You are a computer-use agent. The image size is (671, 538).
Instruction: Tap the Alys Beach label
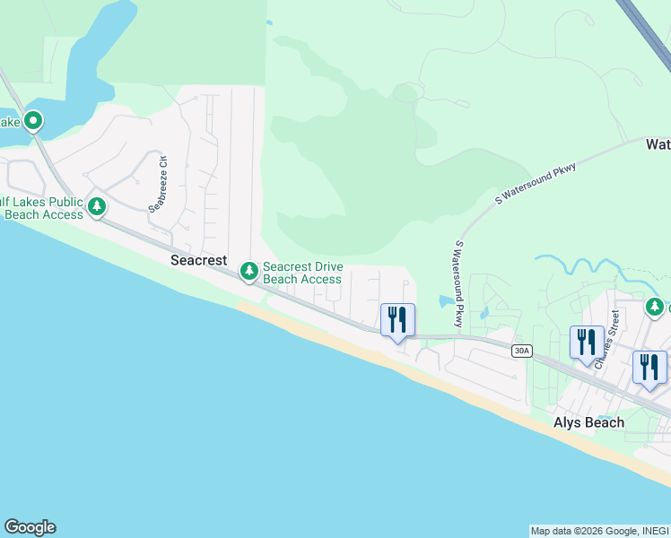coord(588,422)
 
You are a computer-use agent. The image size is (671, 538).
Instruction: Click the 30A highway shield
coord(522,351)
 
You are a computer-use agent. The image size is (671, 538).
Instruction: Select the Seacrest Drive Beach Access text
coord(302,273)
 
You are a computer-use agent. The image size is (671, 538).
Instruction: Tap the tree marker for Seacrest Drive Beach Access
coord(249,271)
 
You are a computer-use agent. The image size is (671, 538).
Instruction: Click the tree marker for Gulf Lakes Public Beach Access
coord(97,208)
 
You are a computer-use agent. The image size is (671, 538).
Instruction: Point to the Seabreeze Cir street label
coord(159,185)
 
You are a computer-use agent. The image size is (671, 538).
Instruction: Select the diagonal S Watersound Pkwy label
coord(536,187)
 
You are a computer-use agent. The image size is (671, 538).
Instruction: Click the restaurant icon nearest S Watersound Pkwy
coord(396,320)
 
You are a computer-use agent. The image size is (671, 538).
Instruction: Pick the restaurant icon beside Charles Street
coord(587,342)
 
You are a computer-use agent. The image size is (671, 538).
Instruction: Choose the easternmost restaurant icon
coord(649,367)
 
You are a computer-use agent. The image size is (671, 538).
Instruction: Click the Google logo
coord(30,527)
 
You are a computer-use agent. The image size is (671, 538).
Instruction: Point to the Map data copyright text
coord(597,531)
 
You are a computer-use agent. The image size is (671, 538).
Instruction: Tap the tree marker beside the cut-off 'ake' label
coord(33,120)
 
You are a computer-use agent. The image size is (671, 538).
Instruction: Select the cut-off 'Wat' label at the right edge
coord(658,143)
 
